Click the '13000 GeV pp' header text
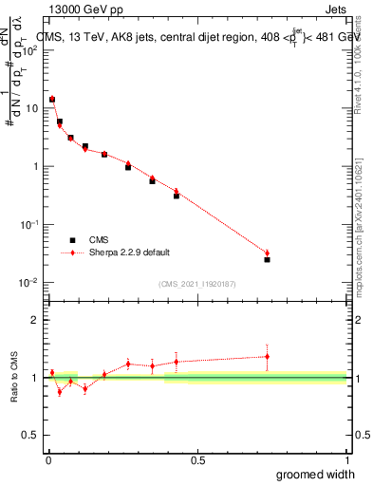(x=85, y=10)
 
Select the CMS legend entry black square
(x=70, y=240)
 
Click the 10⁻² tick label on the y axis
(x=28, y=283)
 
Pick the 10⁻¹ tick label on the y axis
(x=28, y=225)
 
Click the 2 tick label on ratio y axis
(x=35, y=320)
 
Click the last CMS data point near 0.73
(x=268, y=259)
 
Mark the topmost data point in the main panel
(x=52, y=99)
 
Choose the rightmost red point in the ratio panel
(x=268, y=356)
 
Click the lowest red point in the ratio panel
(x=60, y=391)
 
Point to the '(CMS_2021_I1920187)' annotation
(x=196, y=283)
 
